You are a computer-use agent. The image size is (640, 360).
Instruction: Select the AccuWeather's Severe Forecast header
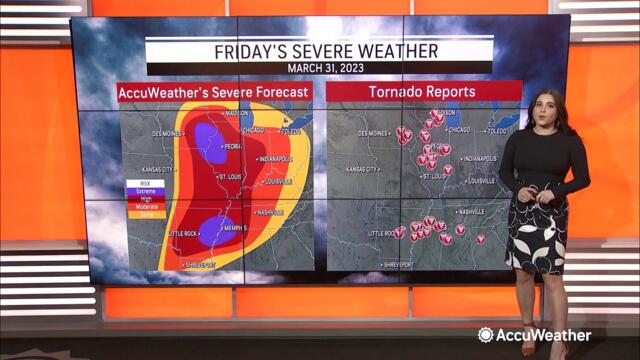(x=215, y=91)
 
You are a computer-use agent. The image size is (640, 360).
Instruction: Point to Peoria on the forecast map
(x=232, y=146)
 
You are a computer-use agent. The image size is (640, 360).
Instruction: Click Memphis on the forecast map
(x=236, y=228)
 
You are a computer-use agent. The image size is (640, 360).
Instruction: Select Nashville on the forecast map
(x=269, y=213)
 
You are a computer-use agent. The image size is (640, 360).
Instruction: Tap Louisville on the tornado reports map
(x=481, y=181)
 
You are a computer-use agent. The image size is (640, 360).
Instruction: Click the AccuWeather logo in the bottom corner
(x=534, y=335)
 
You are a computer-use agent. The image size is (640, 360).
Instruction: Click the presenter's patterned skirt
(x=537, y=234)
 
